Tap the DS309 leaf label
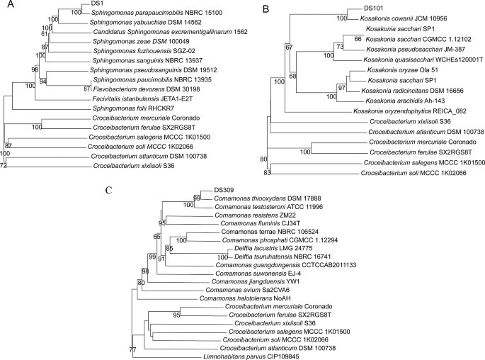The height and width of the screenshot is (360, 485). point(222,210)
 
